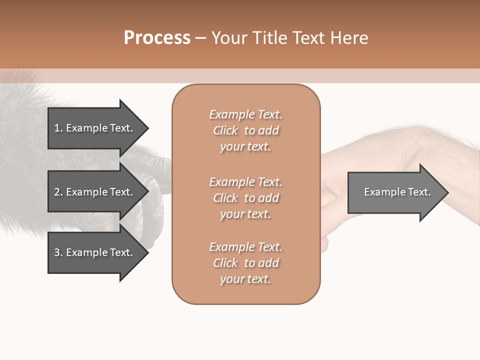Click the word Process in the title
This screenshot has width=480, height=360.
pyautogui.click(x=157, y=38)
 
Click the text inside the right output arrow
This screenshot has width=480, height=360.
pyautogui.click(x=397, y=192)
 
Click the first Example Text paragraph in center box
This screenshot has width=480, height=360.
pyautogui.click(x=245, y=130)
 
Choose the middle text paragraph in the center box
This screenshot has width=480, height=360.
pyautogui.click(x=245, y=198)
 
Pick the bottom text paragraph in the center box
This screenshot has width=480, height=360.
pyautogui.click(x=245, y=263)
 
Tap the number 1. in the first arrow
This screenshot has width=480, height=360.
pyautogui.click(x=58, y=128)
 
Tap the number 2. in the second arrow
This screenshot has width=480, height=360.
pyautogui.click(x=58, y=192)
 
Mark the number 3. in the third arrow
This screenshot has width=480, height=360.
pyautogui.click(x=58, y=253)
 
